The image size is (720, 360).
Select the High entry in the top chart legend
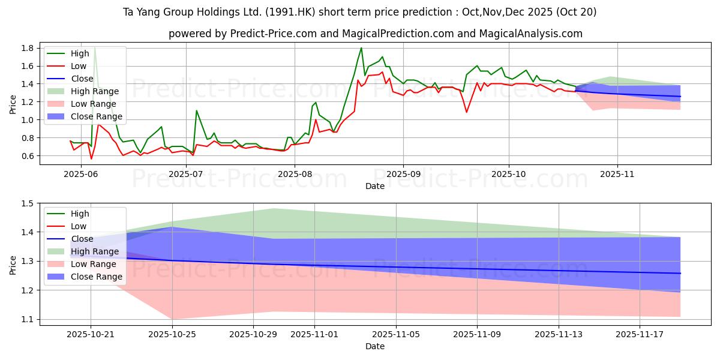(79, 53)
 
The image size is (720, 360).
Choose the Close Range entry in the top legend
(96, 116)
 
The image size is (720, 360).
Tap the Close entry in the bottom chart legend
(82, 239)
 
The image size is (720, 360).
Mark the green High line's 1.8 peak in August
(361, 48)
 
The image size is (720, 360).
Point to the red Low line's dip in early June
(91, 158)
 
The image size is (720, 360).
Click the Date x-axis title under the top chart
(375, 186)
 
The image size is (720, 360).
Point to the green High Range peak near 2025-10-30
(274, 209)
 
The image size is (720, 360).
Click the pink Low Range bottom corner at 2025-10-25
(172, 319)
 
